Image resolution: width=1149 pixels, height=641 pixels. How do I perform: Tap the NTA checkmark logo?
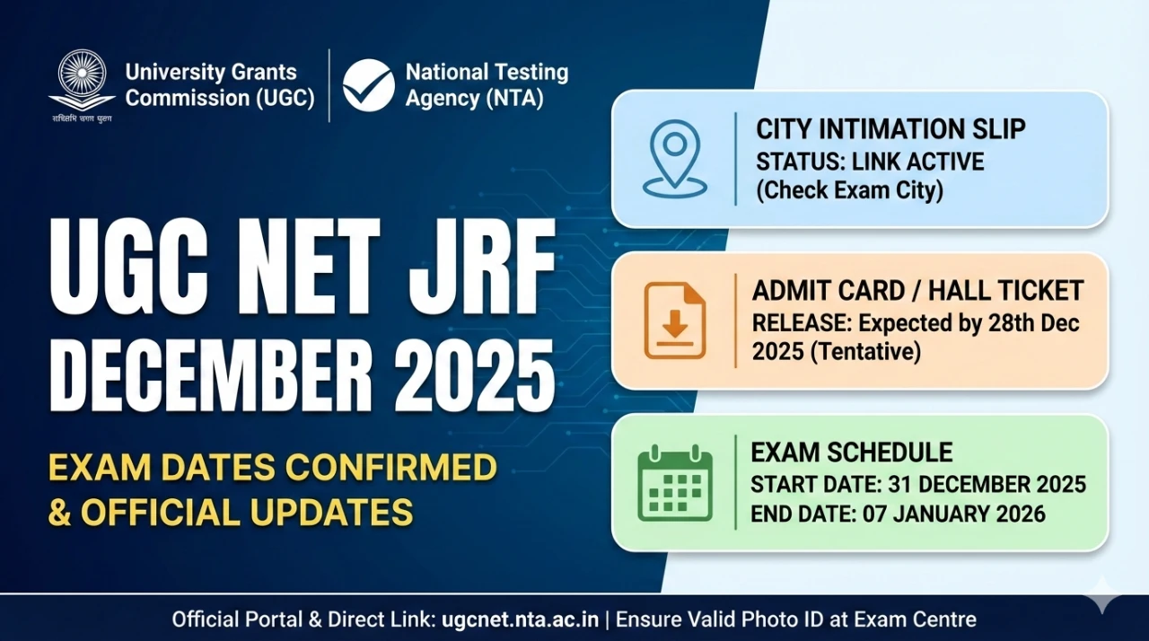(368, 85)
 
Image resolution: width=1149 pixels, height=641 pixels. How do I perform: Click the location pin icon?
(674, 160)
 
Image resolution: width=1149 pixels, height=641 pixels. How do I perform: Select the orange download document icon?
(675, 320)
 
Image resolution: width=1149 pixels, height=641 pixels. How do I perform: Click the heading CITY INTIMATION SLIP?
(890, 129)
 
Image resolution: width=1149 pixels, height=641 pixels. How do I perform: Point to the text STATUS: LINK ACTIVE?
(870, 162)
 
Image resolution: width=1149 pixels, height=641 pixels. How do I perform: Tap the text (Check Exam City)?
(849, 191)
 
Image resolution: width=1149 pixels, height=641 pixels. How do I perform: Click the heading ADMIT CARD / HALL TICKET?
(917, 291)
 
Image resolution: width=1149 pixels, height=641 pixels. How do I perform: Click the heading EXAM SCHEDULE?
(852, 452)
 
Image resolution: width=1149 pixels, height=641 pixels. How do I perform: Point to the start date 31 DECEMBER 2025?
(987, 485)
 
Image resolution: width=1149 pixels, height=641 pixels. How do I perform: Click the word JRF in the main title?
(482, 268)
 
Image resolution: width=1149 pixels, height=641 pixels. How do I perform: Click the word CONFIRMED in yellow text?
(391, 468)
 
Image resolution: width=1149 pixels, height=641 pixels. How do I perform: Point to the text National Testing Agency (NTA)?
(487, 85)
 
